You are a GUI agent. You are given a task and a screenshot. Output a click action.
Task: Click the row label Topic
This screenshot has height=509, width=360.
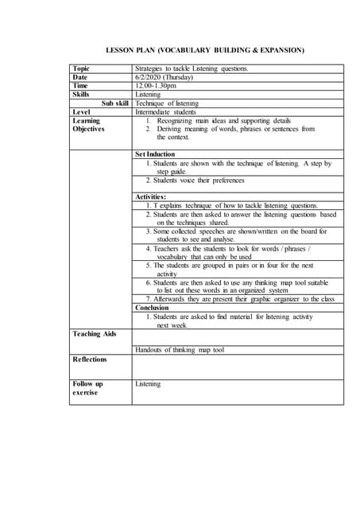pos(81,69)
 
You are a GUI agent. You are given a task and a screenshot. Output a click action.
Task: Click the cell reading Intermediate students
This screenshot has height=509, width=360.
pos(169,112)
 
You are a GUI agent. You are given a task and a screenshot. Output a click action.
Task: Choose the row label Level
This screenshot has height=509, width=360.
pos(81,112)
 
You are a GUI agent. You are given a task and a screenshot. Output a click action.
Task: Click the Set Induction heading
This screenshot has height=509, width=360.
pos(155,154)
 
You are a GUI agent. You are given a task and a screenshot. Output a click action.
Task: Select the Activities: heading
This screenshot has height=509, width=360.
pos(151,196)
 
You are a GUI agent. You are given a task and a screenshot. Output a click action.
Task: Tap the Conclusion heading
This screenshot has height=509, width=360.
pos(152,307)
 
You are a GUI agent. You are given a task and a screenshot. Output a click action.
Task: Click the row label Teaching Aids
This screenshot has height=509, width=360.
pos(94,333)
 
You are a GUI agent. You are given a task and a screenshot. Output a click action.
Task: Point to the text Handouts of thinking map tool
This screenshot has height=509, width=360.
pos(180,349)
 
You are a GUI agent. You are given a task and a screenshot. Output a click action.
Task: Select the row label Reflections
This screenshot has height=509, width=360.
pos(90,359)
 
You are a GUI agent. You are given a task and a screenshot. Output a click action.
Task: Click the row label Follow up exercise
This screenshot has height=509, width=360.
pos(87,388)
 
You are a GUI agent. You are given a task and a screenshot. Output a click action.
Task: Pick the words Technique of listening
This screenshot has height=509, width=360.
pos(167,103)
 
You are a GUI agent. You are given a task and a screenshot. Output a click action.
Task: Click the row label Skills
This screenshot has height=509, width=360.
pos(81,95)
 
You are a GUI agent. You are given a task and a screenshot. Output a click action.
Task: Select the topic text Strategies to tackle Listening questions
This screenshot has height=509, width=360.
pos(192,69)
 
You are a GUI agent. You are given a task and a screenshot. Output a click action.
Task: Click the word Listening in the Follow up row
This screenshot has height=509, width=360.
pos(148,384)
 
